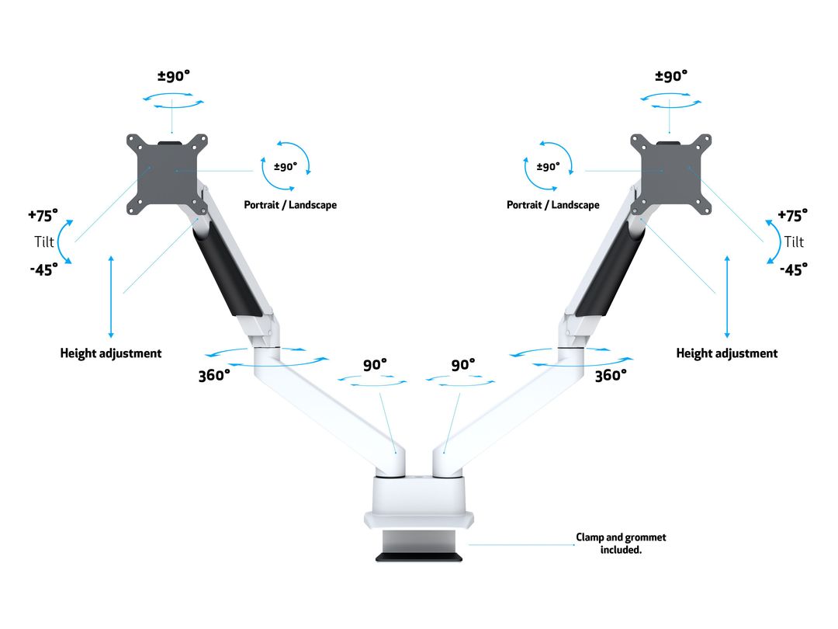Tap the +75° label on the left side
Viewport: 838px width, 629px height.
pos(43,215)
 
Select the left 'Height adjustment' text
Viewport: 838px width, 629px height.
pos(111,353)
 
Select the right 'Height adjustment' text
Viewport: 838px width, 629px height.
pos(727,353)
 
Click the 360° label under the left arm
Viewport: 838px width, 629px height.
pos(214,376)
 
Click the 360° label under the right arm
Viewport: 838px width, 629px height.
pos(611,376)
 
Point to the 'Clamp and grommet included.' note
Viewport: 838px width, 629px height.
pos(621,544)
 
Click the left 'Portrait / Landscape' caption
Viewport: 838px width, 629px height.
pos(291,205)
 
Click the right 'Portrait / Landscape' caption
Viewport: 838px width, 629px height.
pos(553,205)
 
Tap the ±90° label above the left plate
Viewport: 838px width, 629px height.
pos(174,76)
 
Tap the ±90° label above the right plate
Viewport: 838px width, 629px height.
pos(672,76)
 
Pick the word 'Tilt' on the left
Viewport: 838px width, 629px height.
pos(45,242)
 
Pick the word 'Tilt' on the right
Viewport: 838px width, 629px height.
pos(794,242)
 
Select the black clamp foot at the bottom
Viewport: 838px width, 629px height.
pos(419,556)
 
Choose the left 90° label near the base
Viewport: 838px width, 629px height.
pos(375,365)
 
